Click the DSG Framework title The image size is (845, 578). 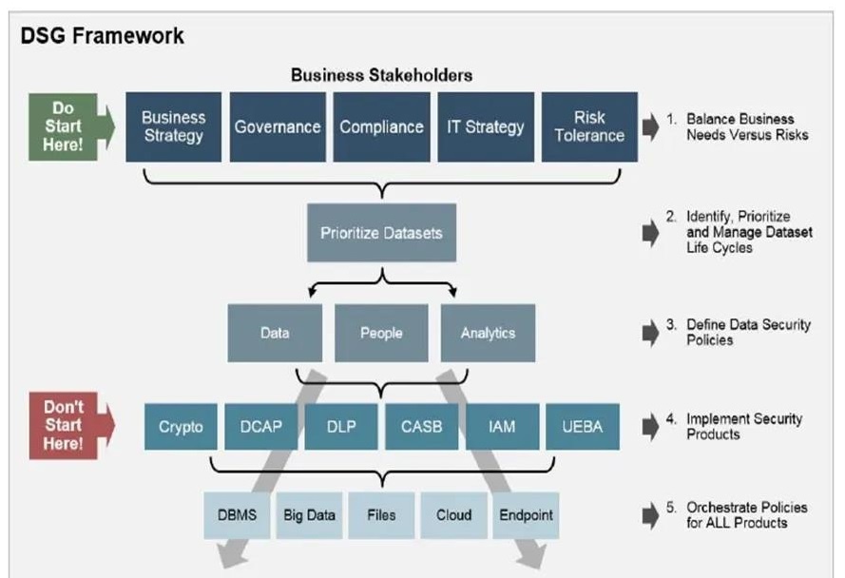point(102,37)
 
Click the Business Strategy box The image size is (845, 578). point(173,126)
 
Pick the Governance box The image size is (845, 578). point(277,126)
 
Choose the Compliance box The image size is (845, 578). point(380,126)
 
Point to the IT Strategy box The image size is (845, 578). point(485,126)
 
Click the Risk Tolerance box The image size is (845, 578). point(589,126)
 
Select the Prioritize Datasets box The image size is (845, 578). point(381,232)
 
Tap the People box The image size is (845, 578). point(381,333)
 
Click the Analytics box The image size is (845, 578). point(487,333)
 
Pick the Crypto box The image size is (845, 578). point(180,426)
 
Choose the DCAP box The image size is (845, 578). point(260,426)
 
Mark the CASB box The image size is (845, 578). point(421,426)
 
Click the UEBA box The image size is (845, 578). point(583,426)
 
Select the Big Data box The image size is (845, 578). point(309,515)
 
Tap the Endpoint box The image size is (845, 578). point(526,515)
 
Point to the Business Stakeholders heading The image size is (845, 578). point(381,74)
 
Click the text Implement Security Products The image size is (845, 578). point(744,426)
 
